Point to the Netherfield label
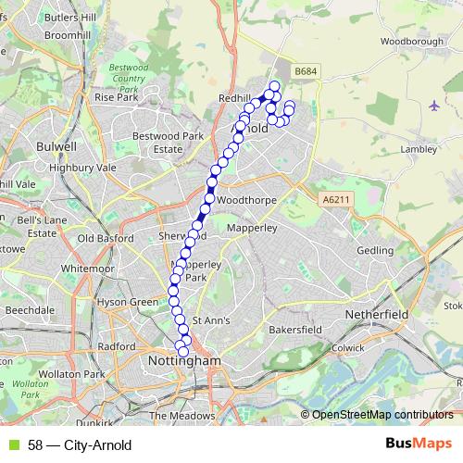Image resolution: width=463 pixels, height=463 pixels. point(377,315)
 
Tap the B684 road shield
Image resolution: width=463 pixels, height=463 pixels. point(304,70)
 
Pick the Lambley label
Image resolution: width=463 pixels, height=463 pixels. point(418,148)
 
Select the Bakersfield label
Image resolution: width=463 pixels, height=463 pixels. point(294,329)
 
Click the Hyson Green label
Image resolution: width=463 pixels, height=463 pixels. point(130,302)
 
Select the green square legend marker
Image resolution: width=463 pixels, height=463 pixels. point(12,445)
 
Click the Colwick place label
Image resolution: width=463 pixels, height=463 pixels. point(349,347)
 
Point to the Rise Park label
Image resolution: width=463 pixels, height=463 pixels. point(117,96)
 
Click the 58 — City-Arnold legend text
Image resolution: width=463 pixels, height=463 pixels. point(80,445)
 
